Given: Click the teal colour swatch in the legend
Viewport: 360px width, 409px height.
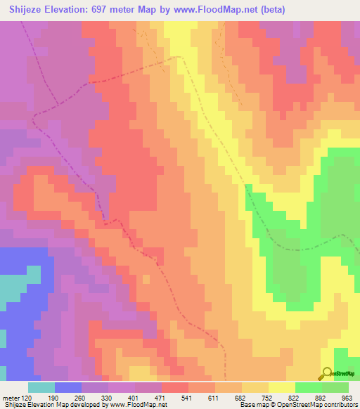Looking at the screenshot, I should click(41, 387).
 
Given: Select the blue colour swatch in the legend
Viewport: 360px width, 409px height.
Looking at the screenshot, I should click(67, 387).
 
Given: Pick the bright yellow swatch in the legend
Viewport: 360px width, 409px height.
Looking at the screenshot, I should click(281, 387).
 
